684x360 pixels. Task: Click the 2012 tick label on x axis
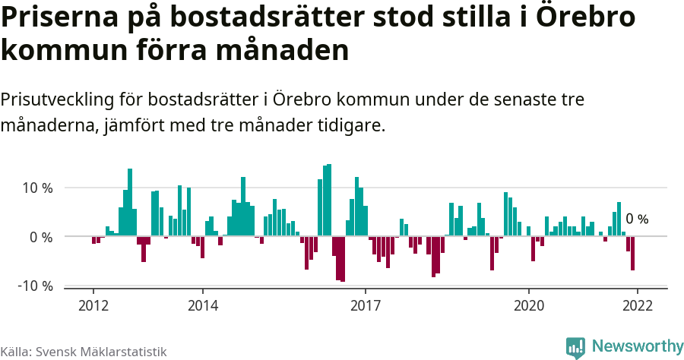pos(93,305)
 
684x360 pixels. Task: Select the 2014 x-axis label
pos(202,305)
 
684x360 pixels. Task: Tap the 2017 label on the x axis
pos(366,305)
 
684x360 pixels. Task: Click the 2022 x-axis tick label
pos(637,305)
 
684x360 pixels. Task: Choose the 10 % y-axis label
pos(36,188)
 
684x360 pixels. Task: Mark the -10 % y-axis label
pos(34,286)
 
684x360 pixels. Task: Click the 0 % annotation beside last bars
pos(637,219)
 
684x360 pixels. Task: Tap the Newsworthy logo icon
pos(575,348)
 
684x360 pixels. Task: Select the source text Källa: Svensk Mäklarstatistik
pos(83,352)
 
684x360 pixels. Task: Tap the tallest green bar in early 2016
pos(328,200)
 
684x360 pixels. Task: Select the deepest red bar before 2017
pos(343,259)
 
